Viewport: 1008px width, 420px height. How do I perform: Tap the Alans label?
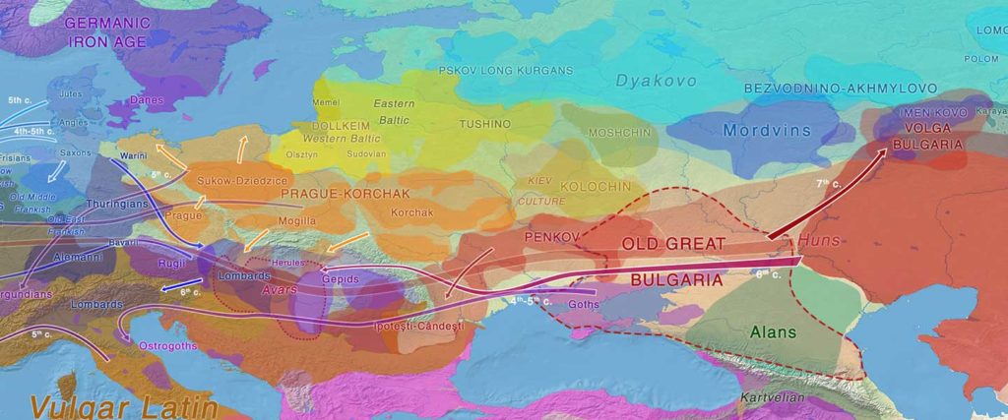coord(773,332)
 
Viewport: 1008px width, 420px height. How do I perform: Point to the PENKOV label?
coord(548,237)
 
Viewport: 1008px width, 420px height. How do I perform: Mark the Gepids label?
coord(340,279)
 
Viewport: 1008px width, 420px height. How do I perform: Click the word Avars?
coord(281,289)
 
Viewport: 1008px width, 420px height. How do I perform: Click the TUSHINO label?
coord(485,124)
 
